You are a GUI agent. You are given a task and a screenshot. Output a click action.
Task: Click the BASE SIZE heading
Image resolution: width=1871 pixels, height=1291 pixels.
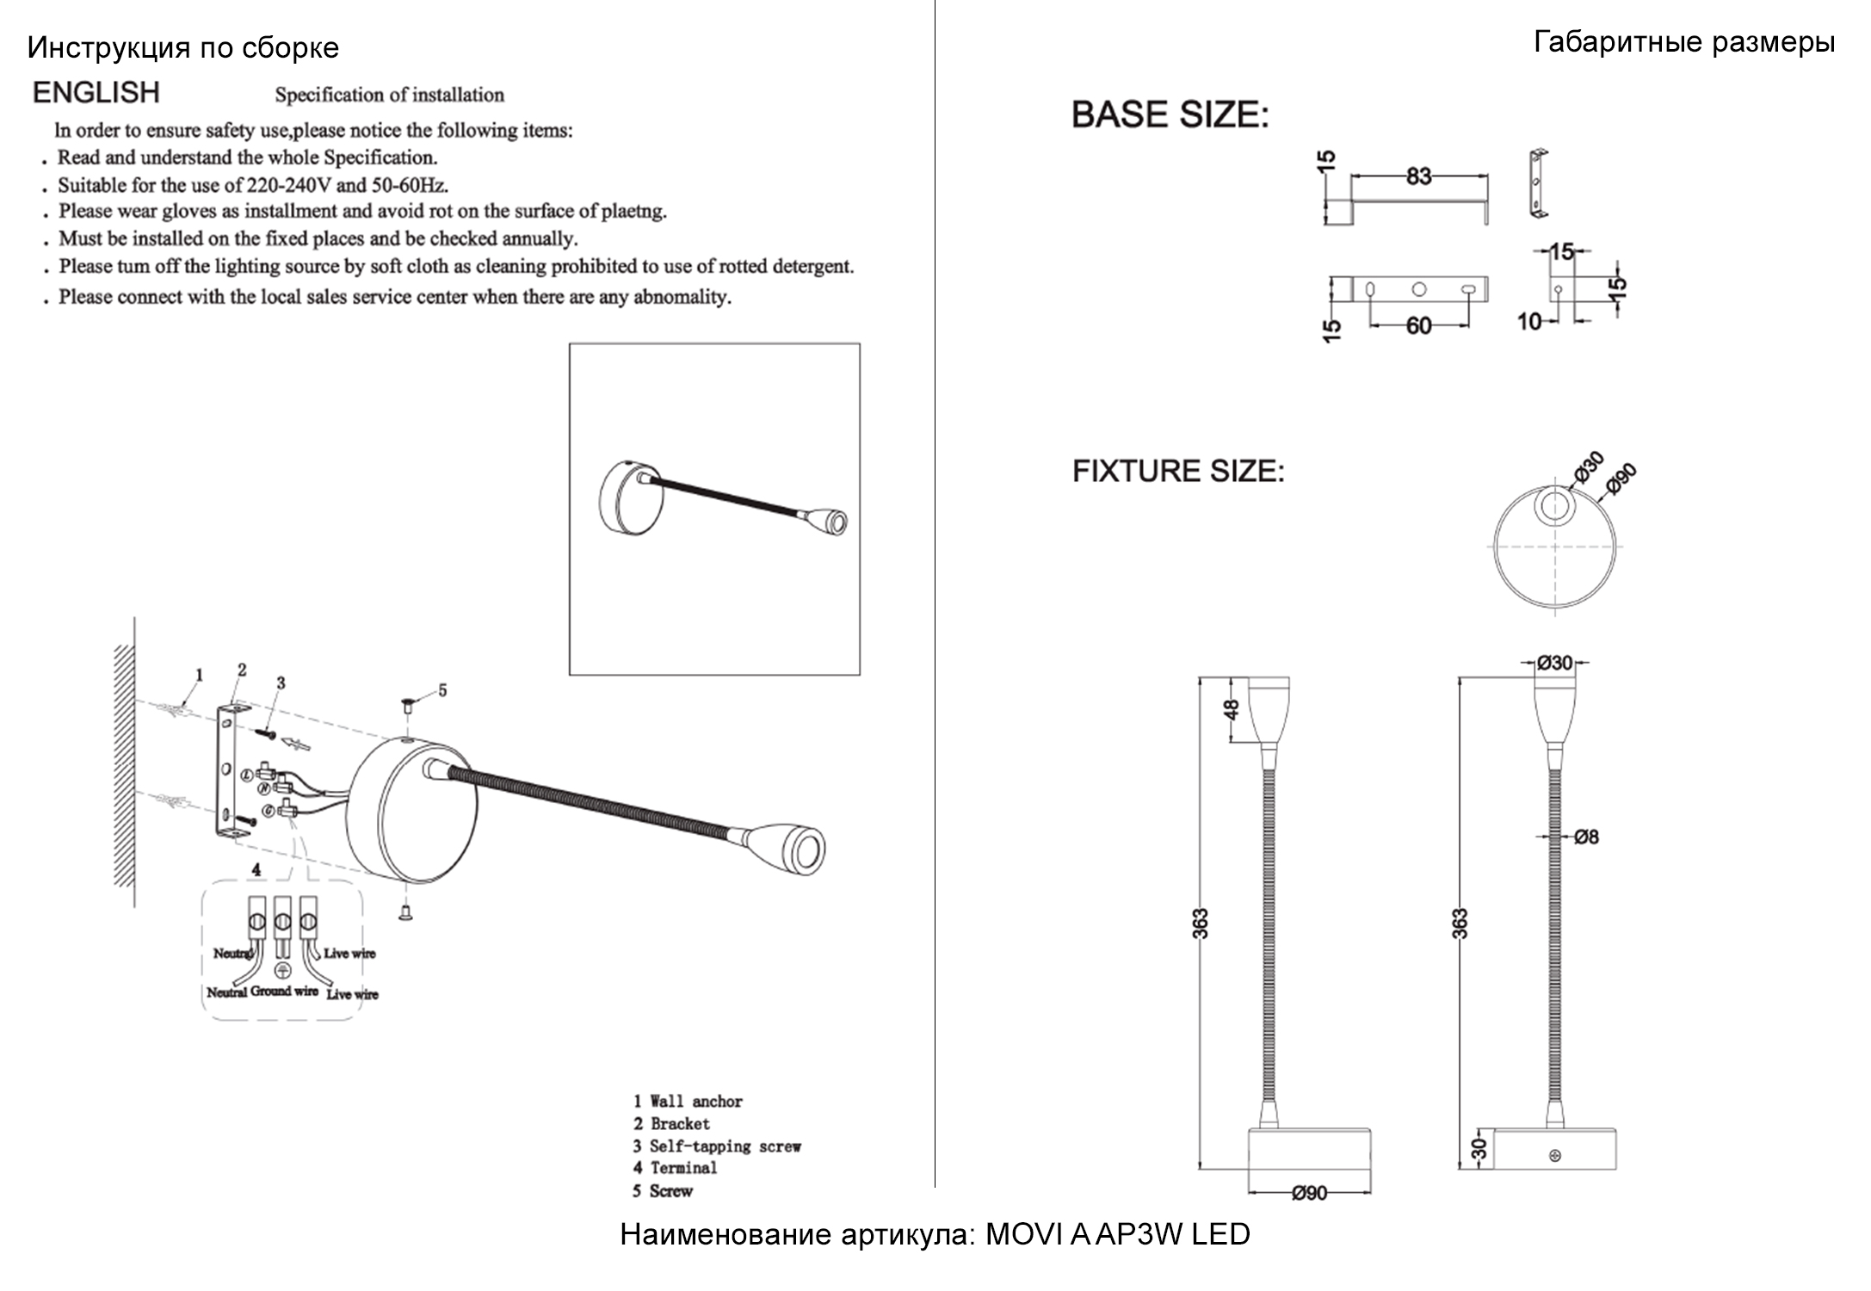click(x=1170, y=114)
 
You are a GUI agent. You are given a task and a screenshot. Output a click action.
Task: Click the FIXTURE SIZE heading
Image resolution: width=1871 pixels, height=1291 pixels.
click(x=1177, y=471)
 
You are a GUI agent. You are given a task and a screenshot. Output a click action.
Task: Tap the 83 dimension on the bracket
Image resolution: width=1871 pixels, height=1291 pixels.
click(x=1418, y=176)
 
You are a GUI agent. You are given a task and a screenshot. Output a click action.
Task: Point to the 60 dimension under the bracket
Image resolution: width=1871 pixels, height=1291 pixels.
click(x=1418, y=326)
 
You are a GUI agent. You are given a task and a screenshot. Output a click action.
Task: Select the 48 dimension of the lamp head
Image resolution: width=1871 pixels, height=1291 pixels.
click(x=1232, y=709)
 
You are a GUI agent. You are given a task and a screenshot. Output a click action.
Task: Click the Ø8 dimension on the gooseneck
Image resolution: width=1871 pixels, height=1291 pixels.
click(x=1586, y=837)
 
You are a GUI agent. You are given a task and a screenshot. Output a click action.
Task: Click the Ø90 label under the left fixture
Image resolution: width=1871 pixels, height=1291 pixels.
click(x=1309, y=1193)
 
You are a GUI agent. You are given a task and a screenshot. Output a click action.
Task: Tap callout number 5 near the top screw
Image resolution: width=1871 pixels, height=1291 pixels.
click(x=442, y=690)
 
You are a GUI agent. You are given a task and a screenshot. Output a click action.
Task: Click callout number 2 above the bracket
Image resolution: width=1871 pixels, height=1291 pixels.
click(x=242, y=670)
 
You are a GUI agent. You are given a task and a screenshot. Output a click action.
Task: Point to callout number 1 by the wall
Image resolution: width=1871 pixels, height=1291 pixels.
click(x=199, y=675)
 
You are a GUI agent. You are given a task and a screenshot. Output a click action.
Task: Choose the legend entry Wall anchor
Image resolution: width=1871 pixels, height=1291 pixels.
click(x=695, y=1102)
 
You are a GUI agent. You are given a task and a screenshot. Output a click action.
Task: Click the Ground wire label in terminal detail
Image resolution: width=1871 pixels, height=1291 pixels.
click(x=284, y=991)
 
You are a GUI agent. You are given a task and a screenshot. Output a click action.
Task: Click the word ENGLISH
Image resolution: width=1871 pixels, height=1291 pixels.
click(x=96, y=92)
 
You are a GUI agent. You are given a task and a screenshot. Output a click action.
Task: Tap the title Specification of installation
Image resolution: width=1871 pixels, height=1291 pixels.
click(x=389, y=95)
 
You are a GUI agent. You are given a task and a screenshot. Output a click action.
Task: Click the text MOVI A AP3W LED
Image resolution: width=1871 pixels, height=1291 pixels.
click(x=1116, y=1234)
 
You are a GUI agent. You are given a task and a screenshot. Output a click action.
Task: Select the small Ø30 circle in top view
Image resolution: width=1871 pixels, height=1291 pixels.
click(x=1554, y=506)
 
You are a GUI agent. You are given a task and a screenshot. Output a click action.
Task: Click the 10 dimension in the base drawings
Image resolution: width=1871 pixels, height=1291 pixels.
click(x=1528, y=322)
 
